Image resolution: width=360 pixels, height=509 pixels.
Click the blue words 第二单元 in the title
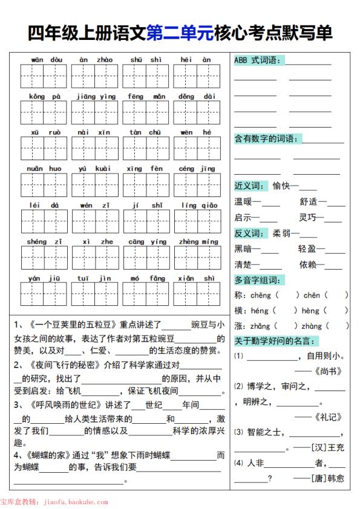pyautogui.click(x=180, y=33)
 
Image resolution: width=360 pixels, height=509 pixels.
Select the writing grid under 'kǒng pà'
pyautogui.click(x=45, y=112)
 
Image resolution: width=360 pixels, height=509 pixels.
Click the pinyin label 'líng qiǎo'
pyautogui.click(x=199, y=206)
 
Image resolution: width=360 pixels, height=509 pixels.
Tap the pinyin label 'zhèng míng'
pyautogui.click(x=198, y=242)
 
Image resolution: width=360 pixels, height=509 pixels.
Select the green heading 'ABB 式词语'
pyautogui.click(x=257, y=60)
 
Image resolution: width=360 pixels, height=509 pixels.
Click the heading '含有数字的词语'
pyautogui.click(x=266, y=139)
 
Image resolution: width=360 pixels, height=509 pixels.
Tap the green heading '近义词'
pyautogui.click(x=249, y=186)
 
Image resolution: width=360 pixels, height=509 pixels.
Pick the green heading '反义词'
pyautogui.click(x=249, y=233)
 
